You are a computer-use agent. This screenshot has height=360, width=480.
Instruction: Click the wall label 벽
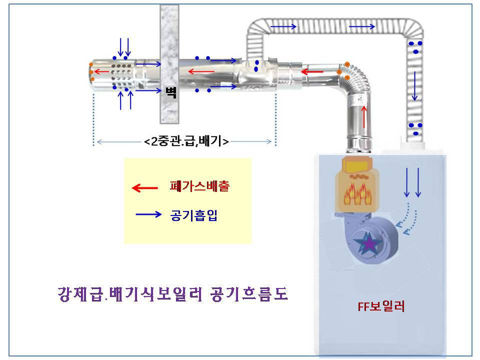[171, 92]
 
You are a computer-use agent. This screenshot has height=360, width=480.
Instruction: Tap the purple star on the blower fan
[369, 243]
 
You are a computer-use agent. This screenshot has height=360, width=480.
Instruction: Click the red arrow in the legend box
[144, 188]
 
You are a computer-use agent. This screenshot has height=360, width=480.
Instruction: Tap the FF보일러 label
[381, 306]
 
